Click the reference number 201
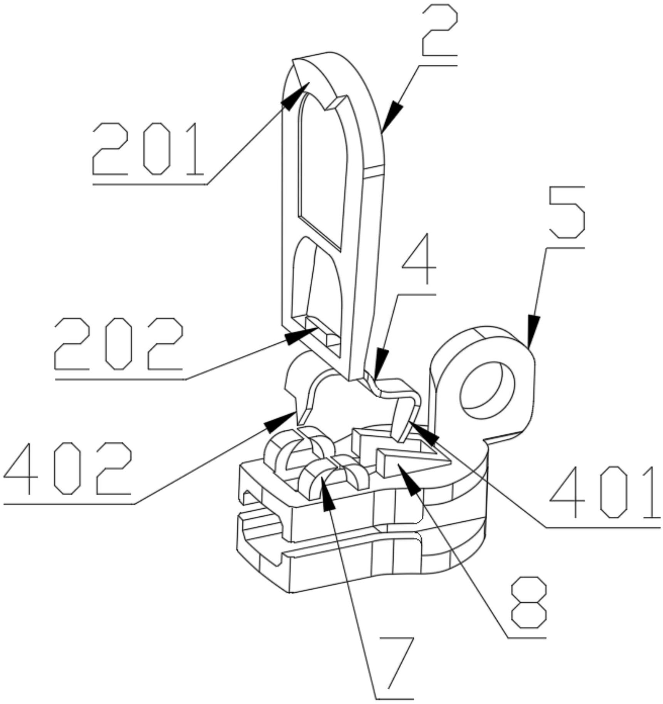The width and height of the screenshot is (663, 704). [x=148, y=148]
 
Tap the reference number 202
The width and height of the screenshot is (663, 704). [x=119, y=344]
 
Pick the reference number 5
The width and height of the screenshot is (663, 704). [x=567, y=212]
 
